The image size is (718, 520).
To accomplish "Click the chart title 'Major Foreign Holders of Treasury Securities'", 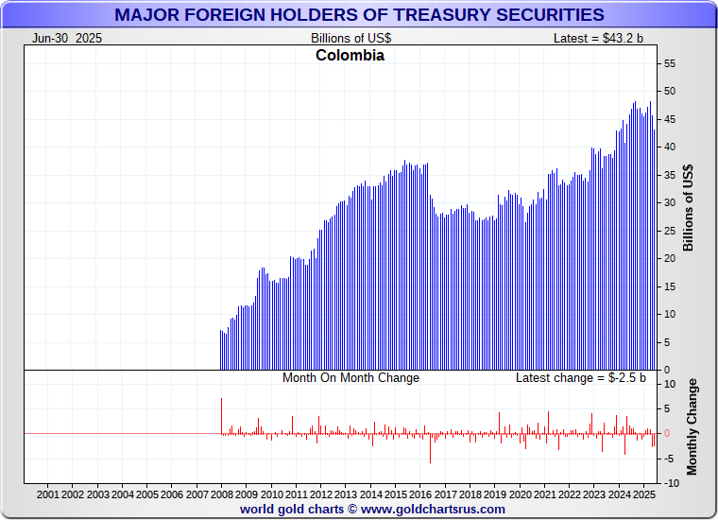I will (x=359, y=14).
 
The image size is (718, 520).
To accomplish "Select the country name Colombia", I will (x=350, y=55).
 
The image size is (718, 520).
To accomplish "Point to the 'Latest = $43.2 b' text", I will (x=599, y=38).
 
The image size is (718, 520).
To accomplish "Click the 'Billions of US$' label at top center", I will (x=350, y=38).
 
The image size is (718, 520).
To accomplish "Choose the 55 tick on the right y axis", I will (x=670, y=63).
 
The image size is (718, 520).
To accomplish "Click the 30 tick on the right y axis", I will (x=670, y=202).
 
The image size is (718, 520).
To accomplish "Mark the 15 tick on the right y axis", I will (x=670, y=286).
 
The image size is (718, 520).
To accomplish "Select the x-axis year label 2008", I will (x=221, y=494).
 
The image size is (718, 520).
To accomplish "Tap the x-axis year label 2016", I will (x=420, y=494).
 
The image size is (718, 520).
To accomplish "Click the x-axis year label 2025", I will (x=643, y=494).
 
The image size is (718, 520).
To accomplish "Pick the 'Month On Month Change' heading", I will (x=350, y=377).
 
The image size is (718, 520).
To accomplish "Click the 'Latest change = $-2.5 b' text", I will (x=581, y=377).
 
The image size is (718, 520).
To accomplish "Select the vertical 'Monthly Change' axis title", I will (x=692, y=426).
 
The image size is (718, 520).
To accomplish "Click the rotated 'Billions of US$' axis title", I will (x=689, y=208).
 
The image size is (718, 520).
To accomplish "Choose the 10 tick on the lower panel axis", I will (x=670, y=384).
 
